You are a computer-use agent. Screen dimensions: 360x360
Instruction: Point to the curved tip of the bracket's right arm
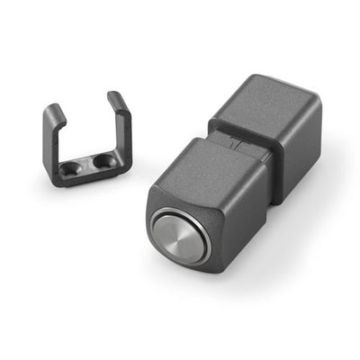click(x=114, y=95)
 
